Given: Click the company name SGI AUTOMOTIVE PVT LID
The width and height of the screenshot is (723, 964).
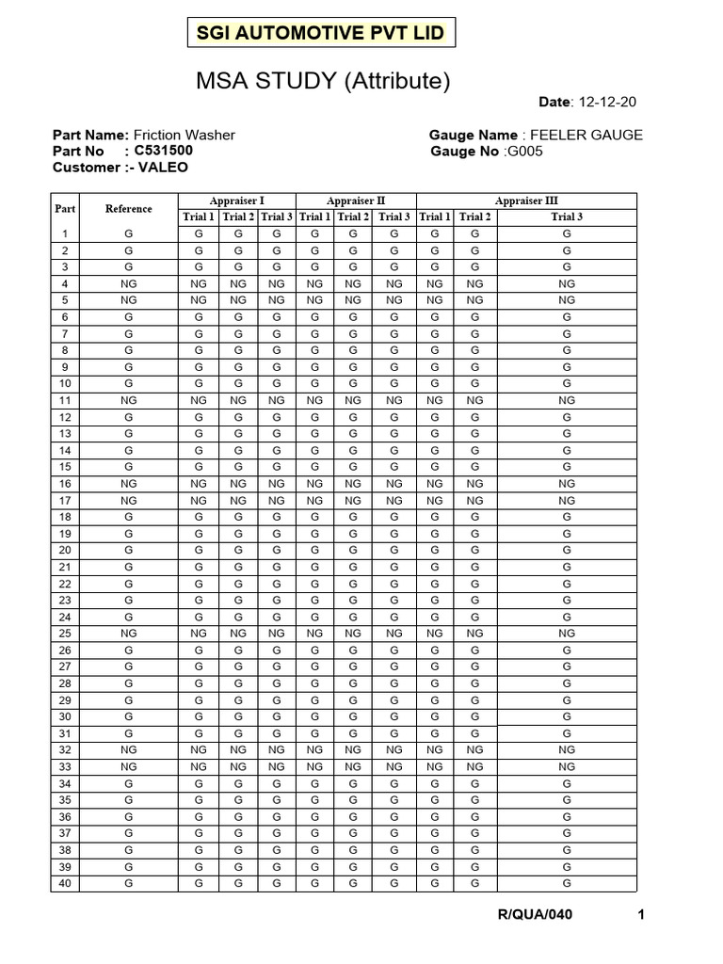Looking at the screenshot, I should coord(319,34).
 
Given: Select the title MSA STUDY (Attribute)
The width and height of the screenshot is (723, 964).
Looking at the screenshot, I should coord(323,82).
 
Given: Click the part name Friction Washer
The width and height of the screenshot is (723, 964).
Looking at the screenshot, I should coord(185,135).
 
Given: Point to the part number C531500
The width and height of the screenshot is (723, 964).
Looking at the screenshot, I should coord(164,151).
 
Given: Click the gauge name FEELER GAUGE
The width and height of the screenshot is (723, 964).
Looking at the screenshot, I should coord(587,135).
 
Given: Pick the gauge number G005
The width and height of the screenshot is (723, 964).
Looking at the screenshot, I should coord(525,152).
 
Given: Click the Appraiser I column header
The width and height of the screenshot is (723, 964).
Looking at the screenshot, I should coord(236,201).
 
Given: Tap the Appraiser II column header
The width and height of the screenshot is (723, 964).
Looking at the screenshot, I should coord(355,201).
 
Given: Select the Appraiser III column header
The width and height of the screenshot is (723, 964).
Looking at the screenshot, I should coord(526,201).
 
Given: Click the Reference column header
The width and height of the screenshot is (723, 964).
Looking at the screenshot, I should coord(128,209).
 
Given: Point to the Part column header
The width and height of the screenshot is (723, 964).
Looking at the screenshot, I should coord(65,209).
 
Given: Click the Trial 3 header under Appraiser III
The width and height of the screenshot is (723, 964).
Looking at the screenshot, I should coord(566,217).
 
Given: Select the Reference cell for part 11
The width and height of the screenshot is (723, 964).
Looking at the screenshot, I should coord(128,400).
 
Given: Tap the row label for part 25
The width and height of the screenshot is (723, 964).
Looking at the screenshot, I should coord(65,634).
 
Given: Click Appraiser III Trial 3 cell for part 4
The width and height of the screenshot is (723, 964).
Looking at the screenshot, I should coord(566,283).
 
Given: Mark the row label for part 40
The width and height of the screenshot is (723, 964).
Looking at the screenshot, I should coord(65,883).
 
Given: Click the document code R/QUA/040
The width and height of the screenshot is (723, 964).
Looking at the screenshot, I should coord(535,915).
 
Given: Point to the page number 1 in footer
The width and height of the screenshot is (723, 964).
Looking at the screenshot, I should coord(640,915).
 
